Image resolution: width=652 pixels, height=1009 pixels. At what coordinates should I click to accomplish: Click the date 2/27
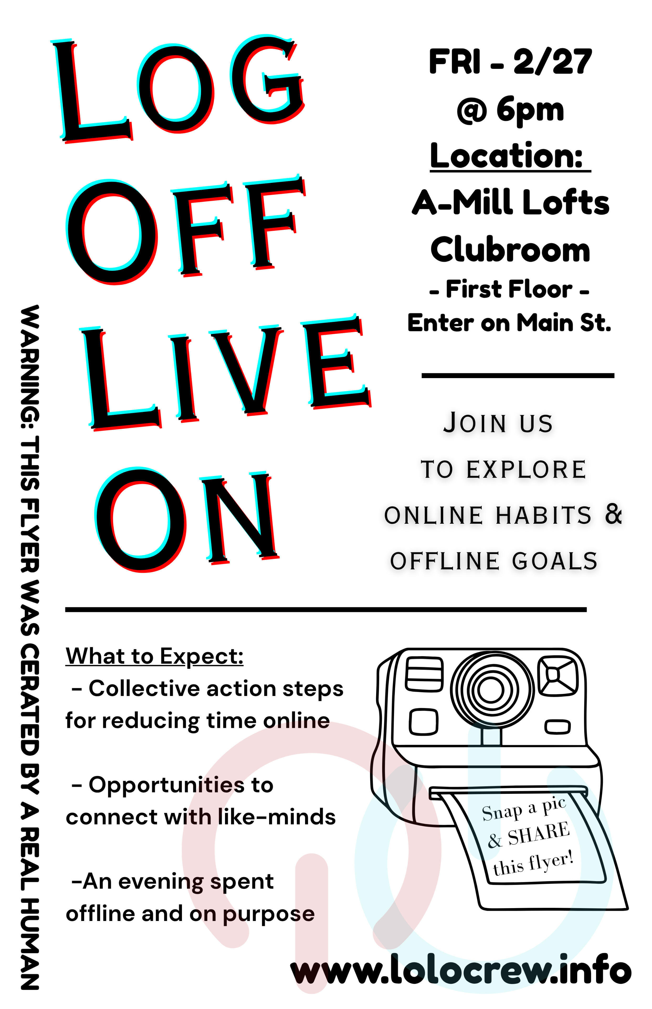pos(553,62)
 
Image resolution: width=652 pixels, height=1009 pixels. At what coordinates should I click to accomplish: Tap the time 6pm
pos(530,110)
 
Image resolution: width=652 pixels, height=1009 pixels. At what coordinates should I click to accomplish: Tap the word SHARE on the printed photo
pos(539,834)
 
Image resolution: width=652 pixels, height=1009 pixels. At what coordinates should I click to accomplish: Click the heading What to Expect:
pos(155,656)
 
